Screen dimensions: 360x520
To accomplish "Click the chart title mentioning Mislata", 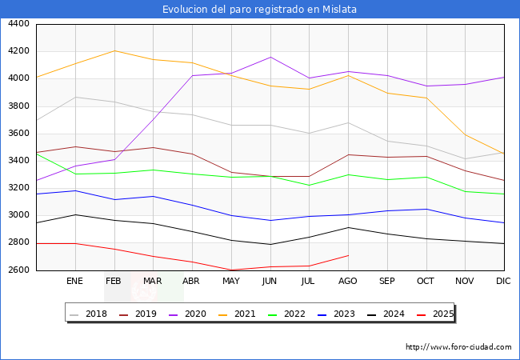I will coord(259,10).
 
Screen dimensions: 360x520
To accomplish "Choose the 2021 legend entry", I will coord(245,314).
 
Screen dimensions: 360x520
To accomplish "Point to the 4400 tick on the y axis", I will coord(18,24).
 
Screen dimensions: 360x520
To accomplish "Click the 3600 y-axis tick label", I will coord(18,134).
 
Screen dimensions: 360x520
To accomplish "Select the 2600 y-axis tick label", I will coord(18,270).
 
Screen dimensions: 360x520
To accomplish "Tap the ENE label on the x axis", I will coord(75,282).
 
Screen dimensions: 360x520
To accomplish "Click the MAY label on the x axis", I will coord(231,282).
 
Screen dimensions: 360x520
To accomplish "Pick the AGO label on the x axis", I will coord(348,282).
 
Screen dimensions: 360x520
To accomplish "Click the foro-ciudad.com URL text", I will coord(458,347).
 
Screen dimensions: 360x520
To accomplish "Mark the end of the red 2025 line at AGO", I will coord(348,255).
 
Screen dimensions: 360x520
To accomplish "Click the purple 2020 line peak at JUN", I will coord(270,57).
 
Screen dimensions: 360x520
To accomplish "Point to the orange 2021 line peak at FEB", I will coord(114,50).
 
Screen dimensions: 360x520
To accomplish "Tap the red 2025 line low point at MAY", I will coord(231,270).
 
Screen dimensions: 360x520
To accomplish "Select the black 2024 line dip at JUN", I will coord(270,245).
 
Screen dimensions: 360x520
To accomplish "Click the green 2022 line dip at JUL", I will coord(309,186).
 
